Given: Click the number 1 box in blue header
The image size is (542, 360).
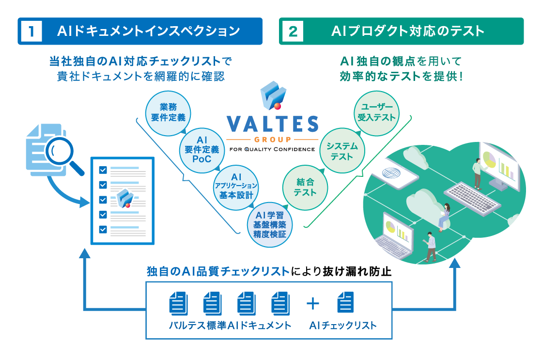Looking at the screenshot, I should click(x=31, y=31).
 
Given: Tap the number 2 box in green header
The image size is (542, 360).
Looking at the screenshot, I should click(x=292, y=31).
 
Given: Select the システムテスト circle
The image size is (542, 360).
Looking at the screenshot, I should click(x=341, y=151).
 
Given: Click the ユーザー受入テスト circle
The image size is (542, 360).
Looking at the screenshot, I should click(x=376, y=112).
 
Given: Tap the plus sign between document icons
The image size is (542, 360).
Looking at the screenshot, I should click(x=313, y=303).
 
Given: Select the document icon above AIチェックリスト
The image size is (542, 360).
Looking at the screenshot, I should click(x=345, y=303).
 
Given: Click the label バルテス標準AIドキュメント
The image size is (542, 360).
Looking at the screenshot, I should click(x=230, y=325).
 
